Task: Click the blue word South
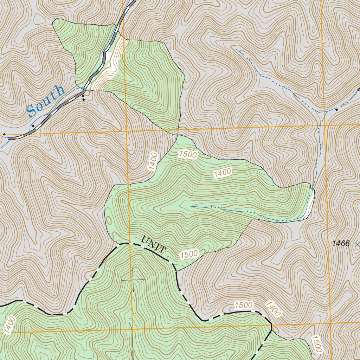pos(46,101)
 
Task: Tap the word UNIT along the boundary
pos(153,245)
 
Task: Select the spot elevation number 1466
pos(340,243)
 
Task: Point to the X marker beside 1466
pos(358,243)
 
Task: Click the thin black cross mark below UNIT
pos(133,280)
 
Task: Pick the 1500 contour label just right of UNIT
pos(189,254)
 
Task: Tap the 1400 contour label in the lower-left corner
pos(10,325)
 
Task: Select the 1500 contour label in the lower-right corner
pos(316,344)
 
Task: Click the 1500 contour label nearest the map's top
pos(188,154)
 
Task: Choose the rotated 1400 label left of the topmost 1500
pos(152,161)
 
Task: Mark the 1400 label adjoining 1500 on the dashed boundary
pos(273,309)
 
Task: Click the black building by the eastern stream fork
pos(336,110)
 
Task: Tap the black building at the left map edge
pos(4,134)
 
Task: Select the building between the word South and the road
pos(33,126)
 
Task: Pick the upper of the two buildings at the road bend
pos(83,96)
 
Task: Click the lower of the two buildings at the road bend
pos(83,100)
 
